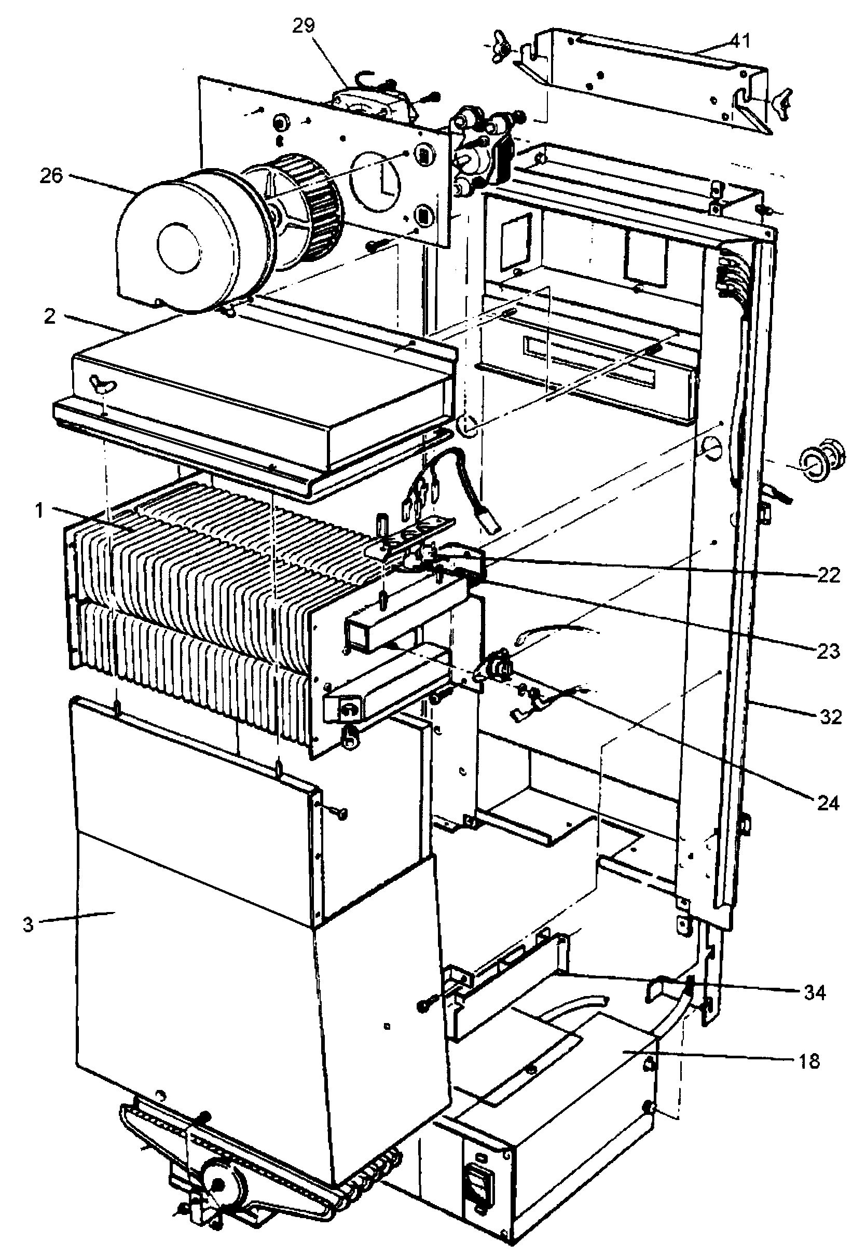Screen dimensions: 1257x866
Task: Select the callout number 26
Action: point(51,176)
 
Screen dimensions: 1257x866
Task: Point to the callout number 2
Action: point(50,316)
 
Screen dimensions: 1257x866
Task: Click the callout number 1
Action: point(38,511)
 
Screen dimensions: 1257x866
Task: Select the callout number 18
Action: point(809,1060)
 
